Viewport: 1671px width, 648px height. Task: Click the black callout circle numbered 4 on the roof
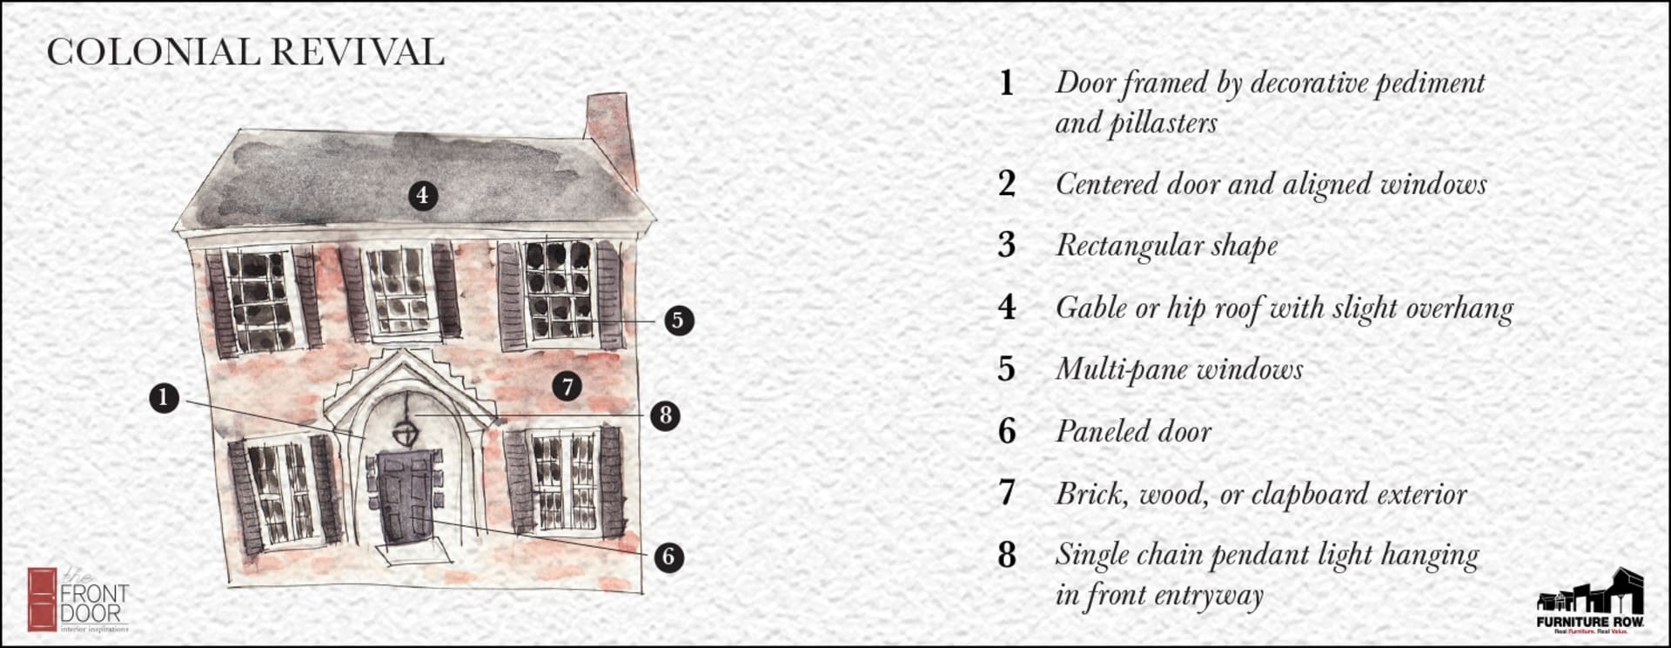click(422, 195)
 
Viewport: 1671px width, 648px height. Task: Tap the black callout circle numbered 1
click(164, 399)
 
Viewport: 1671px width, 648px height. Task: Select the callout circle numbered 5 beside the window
click(679, 321)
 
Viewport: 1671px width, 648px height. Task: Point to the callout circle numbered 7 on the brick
click(567, 386)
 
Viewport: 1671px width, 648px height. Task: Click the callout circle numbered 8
click(666, 415)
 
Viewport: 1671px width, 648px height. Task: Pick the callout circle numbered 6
click(668, 557)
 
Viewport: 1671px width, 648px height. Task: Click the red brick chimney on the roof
click(612, 131)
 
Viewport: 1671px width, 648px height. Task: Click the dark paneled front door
click(406, 496)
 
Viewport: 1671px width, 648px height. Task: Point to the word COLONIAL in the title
click(153, 52)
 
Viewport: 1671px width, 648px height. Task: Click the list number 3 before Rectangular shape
click(1007, 246)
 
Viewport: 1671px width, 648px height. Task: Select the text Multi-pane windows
click(1178, 370)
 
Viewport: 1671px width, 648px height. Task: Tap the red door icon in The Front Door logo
click(41, 599)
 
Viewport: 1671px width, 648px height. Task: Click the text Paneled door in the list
click(1132, 432)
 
